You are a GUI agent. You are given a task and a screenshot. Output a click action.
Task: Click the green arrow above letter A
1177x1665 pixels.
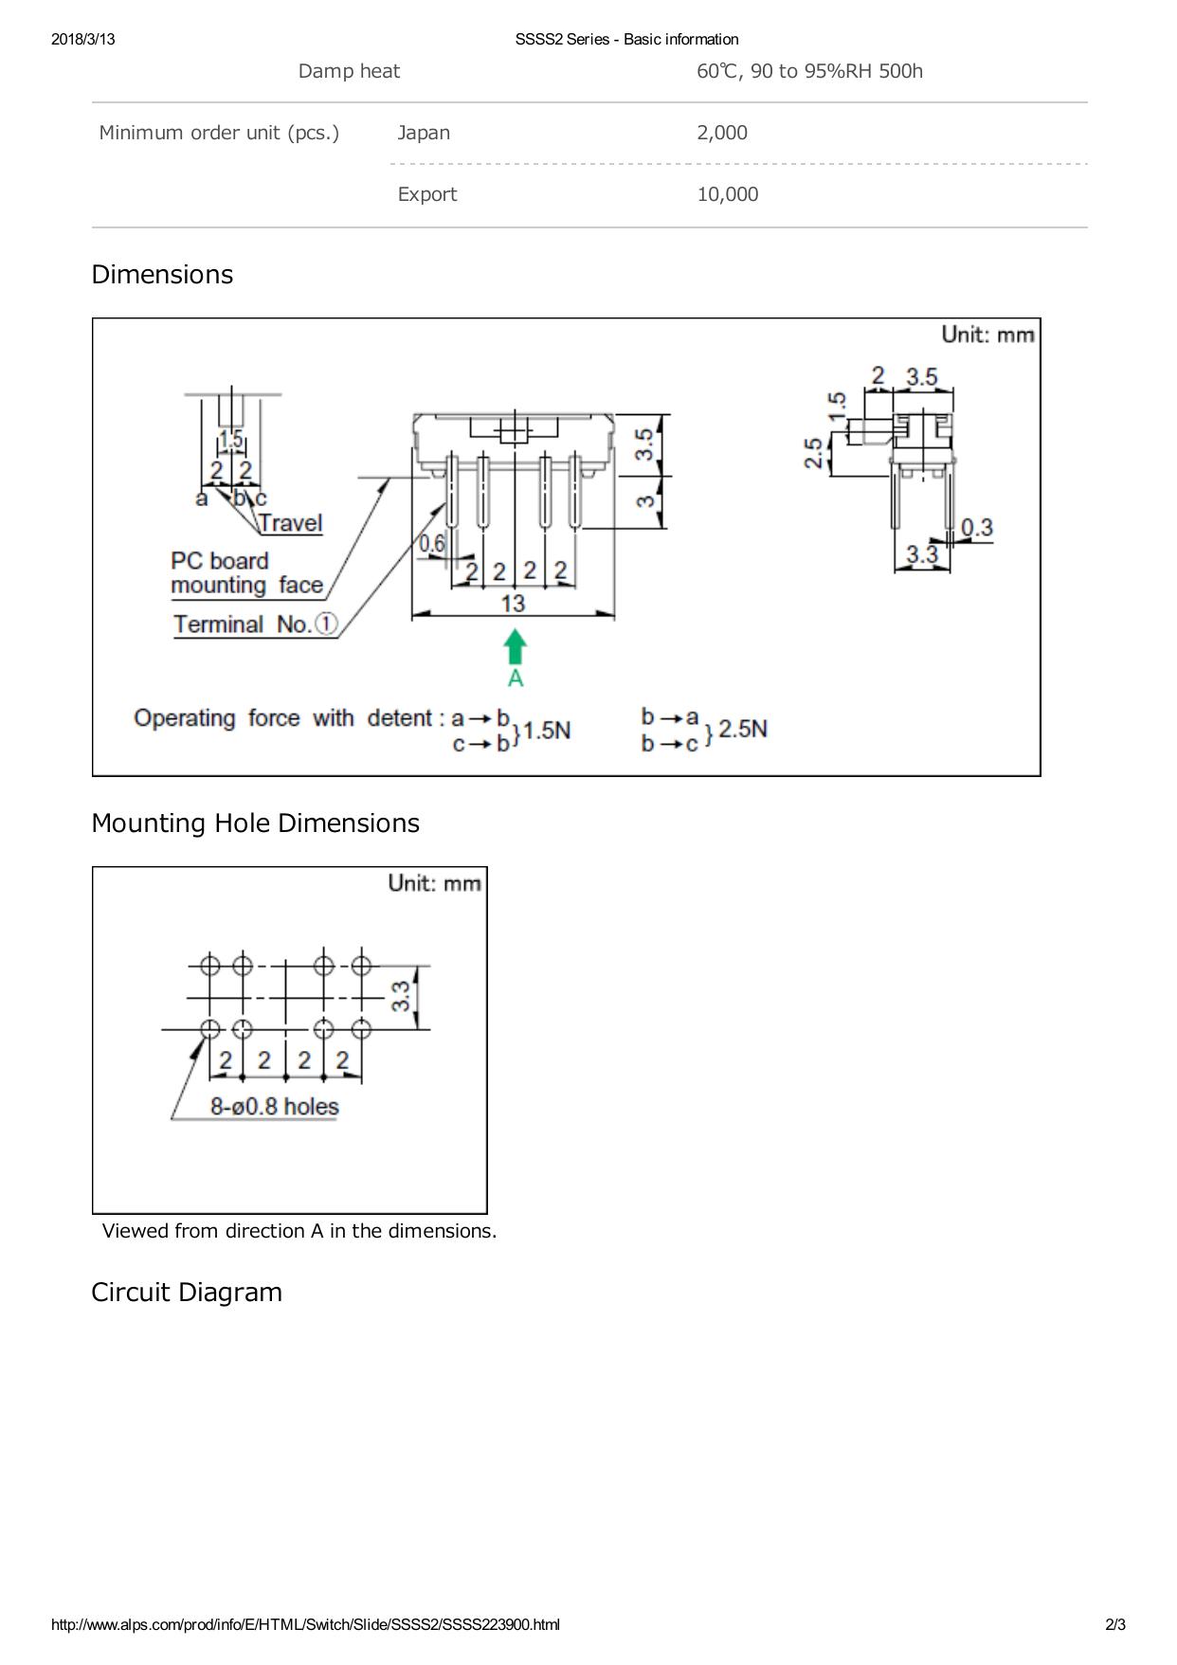coord(515,649)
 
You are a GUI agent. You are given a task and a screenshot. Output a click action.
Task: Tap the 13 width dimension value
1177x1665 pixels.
coord(513,603)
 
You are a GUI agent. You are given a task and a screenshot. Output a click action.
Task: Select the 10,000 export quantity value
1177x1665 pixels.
coord(727,194)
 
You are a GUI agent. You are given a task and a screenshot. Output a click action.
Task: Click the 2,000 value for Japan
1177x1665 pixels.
coord(722,133)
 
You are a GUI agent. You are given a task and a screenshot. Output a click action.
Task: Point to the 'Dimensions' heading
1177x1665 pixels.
coord(162,275)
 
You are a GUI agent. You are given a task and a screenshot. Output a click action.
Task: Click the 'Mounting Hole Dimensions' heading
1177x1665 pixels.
coord(255,823)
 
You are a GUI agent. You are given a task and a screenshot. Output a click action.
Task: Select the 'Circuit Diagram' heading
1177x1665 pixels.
coord(187,1293)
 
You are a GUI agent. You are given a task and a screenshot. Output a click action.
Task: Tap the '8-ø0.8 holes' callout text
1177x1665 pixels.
coord(274,1106)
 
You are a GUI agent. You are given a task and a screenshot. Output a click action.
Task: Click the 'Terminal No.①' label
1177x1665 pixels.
coord(255,624)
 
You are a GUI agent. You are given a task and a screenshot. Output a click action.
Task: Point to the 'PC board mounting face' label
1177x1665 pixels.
coord(246,573)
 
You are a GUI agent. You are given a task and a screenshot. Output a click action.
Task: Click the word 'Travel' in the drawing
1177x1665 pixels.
coord(290,523)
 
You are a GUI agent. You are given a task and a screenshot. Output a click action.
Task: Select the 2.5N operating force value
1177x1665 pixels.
coord(743,729)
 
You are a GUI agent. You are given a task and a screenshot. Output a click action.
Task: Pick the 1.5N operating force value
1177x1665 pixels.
coord(547,731)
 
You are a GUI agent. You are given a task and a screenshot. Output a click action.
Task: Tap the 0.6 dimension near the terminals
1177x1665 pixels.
coord(432,544)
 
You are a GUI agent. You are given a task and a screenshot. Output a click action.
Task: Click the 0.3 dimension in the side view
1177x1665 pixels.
coord(977,527)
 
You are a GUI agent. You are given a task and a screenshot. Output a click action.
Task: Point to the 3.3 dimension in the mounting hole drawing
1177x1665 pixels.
coord(402,996)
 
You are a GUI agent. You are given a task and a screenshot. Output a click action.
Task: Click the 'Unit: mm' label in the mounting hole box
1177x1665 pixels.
coord(435,883)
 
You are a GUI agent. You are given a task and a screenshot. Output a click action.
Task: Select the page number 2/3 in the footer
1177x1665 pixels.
coord(1115,1624)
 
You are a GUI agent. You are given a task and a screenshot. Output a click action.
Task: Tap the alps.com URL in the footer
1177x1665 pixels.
coord(305,1624)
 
